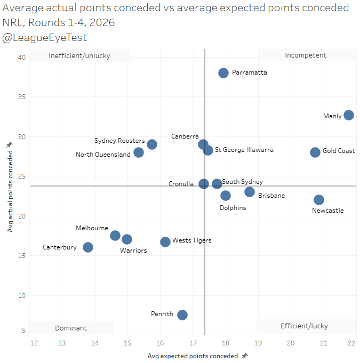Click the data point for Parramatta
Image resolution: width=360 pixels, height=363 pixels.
(x=223, y=73)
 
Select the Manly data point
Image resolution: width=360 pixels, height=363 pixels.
(x=349, y=115)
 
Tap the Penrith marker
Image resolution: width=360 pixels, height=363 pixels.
(x=182, y=315)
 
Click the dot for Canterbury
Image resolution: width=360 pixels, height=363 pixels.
(x=88, y=247)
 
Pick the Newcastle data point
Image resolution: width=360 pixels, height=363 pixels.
(x=319, y=200)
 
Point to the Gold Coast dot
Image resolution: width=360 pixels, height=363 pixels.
(x=315, y=152)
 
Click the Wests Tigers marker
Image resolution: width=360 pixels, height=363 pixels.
(x=165, y=242)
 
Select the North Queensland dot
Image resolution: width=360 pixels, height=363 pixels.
(x=139, y=152)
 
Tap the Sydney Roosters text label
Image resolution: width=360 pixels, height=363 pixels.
(x=119, y=141)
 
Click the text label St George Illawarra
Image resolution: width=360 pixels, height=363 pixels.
(x=244, y=150)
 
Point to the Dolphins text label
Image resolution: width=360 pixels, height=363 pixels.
(x=233, y=207)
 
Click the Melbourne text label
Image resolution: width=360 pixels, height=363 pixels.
(x=92, y=228)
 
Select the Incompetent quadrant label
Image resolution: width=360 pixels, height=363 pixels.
(x=306, y=55)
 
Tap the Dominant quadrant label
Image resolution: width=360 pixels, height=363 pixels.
(x=71, y=328)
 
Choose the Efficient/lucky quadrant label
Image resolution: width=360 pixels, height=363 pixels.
(x=305, y=326)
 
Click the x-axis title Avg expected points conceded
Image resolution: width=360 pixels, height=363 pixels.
(x=193, y=356)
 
